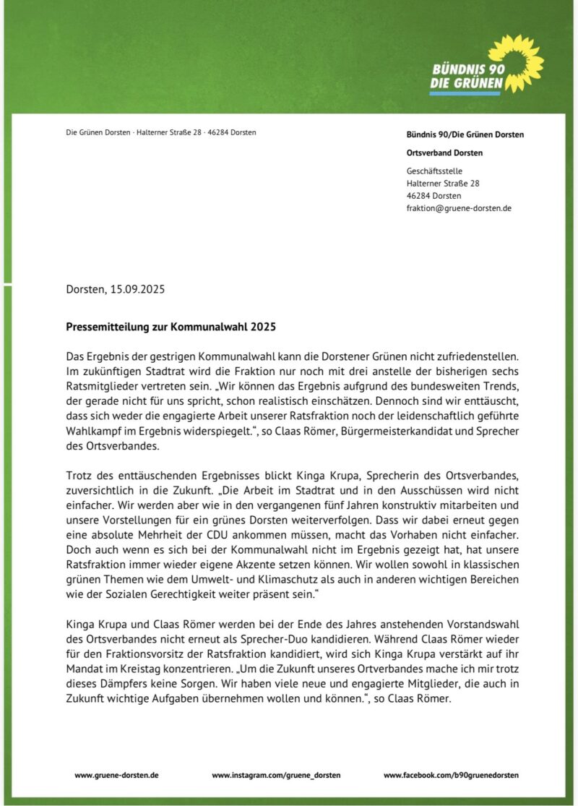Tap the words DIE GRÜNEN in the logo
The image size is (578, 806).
coord(466,83)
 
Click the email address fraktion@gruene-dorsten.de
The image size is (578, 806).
coord(459,208)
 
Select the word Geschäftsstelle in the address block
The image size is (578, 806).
coord(434,171)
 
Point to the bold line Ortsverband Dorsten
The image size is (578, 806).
coord(444,153)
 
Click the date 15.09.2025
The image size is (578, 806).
coord(138,290)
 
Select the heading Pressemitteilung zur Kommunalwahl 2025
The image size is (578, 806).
coord(171,327)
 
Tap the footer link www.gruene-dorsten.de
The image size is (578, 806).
coord(116,775)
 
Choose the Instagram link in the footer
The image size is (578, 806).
coord(276,775)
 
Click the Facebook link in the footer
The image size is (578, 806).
coord(451,775)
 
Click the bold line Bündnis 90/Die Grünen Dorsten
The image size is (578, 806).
coord(465,134)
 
